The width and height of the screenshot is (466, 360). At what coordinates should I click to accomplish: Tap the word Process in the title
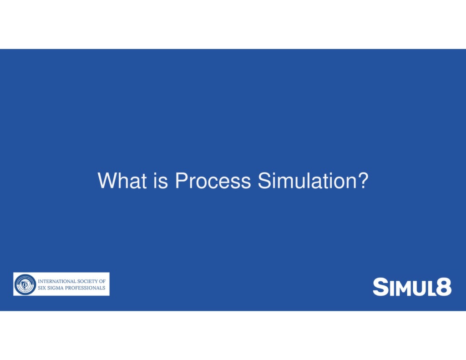click(x=213, y=181)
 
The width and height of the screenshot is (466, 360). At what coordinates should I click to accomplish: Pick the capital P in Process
click(x=181, y=181)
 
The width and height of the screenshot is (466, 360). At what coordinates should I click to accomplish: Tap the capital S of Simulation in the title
click(x=264, y=181)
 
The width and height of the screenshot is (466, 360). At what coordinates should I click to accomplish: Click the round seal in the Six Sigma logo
click(x=25, y=284)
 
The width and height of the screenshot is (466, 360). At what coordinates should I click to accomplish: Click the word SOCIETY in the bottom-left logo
click(x=86, y=281)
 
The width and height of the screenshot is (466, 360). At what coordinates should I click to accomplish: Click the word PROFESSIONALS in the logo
click(x=86, y=288)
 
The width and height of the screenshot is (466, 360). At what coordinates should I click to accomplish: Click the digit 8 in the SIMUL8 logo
click(x=442, y=287)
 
